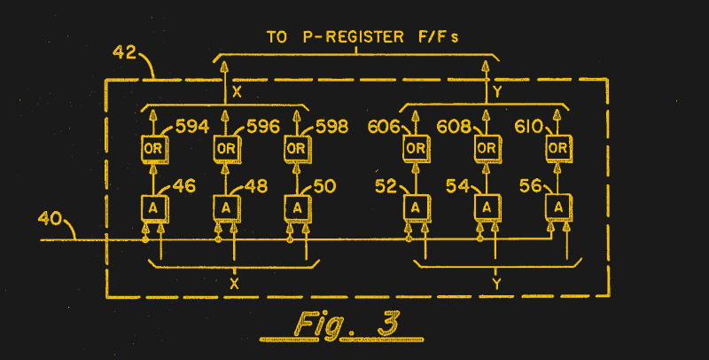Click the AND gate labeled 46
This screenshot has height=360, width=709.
[x=154, y=207]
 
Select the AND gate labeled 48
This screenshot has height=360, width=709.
[x=226, y=207]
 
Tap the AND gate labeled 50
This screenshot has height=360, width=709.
[x=298, y=207]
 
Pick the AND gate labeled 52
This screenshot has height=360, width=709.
[x=414, y=207]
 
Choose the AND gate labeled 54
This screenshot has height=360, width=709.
[x=486, y=207]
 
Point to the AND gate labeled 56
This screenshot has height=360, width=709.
[x=557, y=207]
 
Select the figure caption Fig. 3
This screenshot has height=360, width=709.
[x=345, y=324]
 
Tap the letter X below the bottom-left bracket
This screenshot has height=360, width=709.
[x=234, y=284]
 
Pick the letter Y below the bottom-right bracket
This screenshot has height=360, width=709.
[x=496, y=284]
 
